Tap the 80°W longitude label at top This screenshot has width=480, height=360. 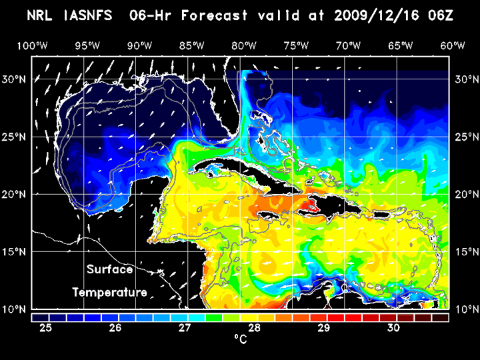(x=245, y=45)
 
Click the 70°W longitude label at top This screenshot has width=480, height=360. (x=349, y=45)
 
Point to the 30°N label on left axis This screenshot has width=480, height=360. (x=15, y=79)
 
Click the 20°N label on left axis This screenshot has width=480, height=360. (x=15, y=195)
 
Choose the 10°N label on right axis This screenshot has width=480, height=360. (x=465, y=309)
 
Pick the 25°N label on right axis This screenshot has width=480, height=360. (x=465, y=137)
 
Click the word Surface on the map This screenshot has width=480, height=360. (x=110, y=270)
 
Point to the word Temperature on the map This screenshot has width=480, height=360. (x=110, y=292)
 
